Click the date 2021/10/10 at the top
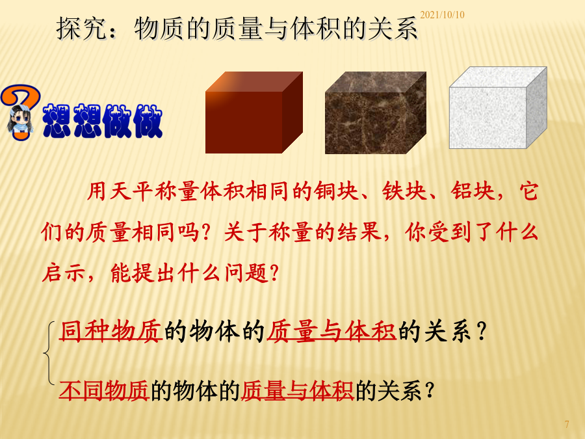tap(442, 15)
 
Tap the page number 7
tap(567, 425)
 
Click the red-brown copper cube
tap(254, 113)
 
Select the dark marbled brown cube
tap(376, 113)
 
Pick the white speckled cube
tap(498, 108)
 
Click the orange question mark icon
tap(21, 112)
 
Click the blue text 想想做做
tap(103, 120)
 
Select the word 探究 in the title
tap(81, 29)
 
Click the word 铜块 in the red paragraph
tap(336, 191)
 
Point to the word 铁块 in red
tap(404, 191)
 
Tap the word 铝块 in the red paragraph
tap(473, 191)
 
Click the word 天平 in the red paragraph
tap(131, 191)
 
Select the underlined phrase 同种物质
tap(110, 331)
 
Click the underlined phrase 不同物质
tap(104, 390)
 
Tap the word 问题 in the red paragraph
tap(246, 273)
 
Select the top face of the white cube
tap(498, 77)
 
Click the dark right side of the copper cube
tap(292, 113)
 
